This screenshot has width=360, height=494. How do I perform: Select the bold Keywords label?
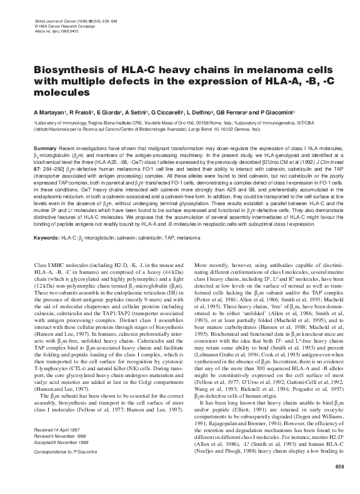(x=47, y=238)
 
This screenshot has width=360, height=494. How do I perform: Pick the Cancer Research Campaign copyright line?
(x=64, y=16)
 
